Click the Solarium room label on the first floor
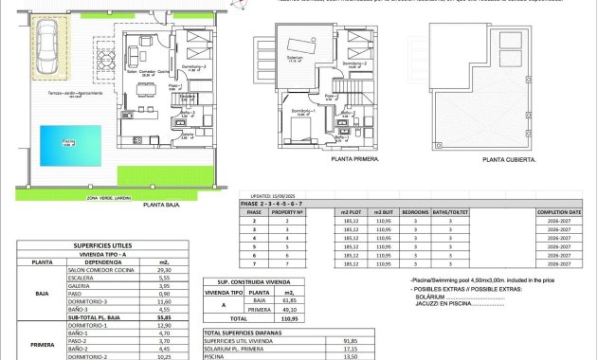tap(294, 85)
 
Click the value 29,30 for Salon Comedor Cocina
tap(162, 269)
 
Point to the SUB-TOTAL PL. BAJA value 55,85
tap(162, 318)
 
